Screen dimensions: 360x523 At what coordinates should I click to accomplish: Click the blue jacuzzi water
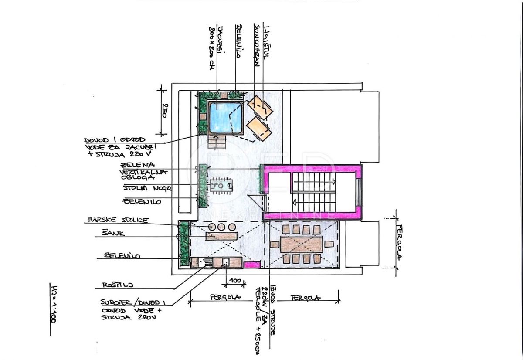pyautogui.click(x=225, y=117)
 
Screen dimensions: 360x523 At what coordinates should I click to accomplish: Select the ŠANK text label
pyautogui.click(x=113, y=233)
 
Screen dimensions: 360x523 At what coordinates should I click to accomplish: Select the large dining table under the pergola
pyautogui.click(x=302, y=245)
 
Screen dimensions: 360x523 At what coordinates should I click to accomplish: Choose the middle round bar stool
pyautogui.click(x=221, y=227)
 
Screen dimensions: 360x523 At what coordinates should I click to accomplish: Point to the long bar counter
pyautogui.click(x=221, y=236)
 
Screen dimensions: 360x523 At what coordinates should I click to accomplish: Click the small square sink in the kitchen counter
pyautogui.click(x=226, y=262)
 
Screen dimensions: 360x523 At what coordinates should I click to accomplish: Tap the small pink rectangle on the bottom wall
pyautogui.click(x=251, y=264)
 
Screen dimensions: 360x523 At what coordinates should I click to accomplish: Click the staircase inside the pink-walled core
pyautogui.click(x=314, y=191)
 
